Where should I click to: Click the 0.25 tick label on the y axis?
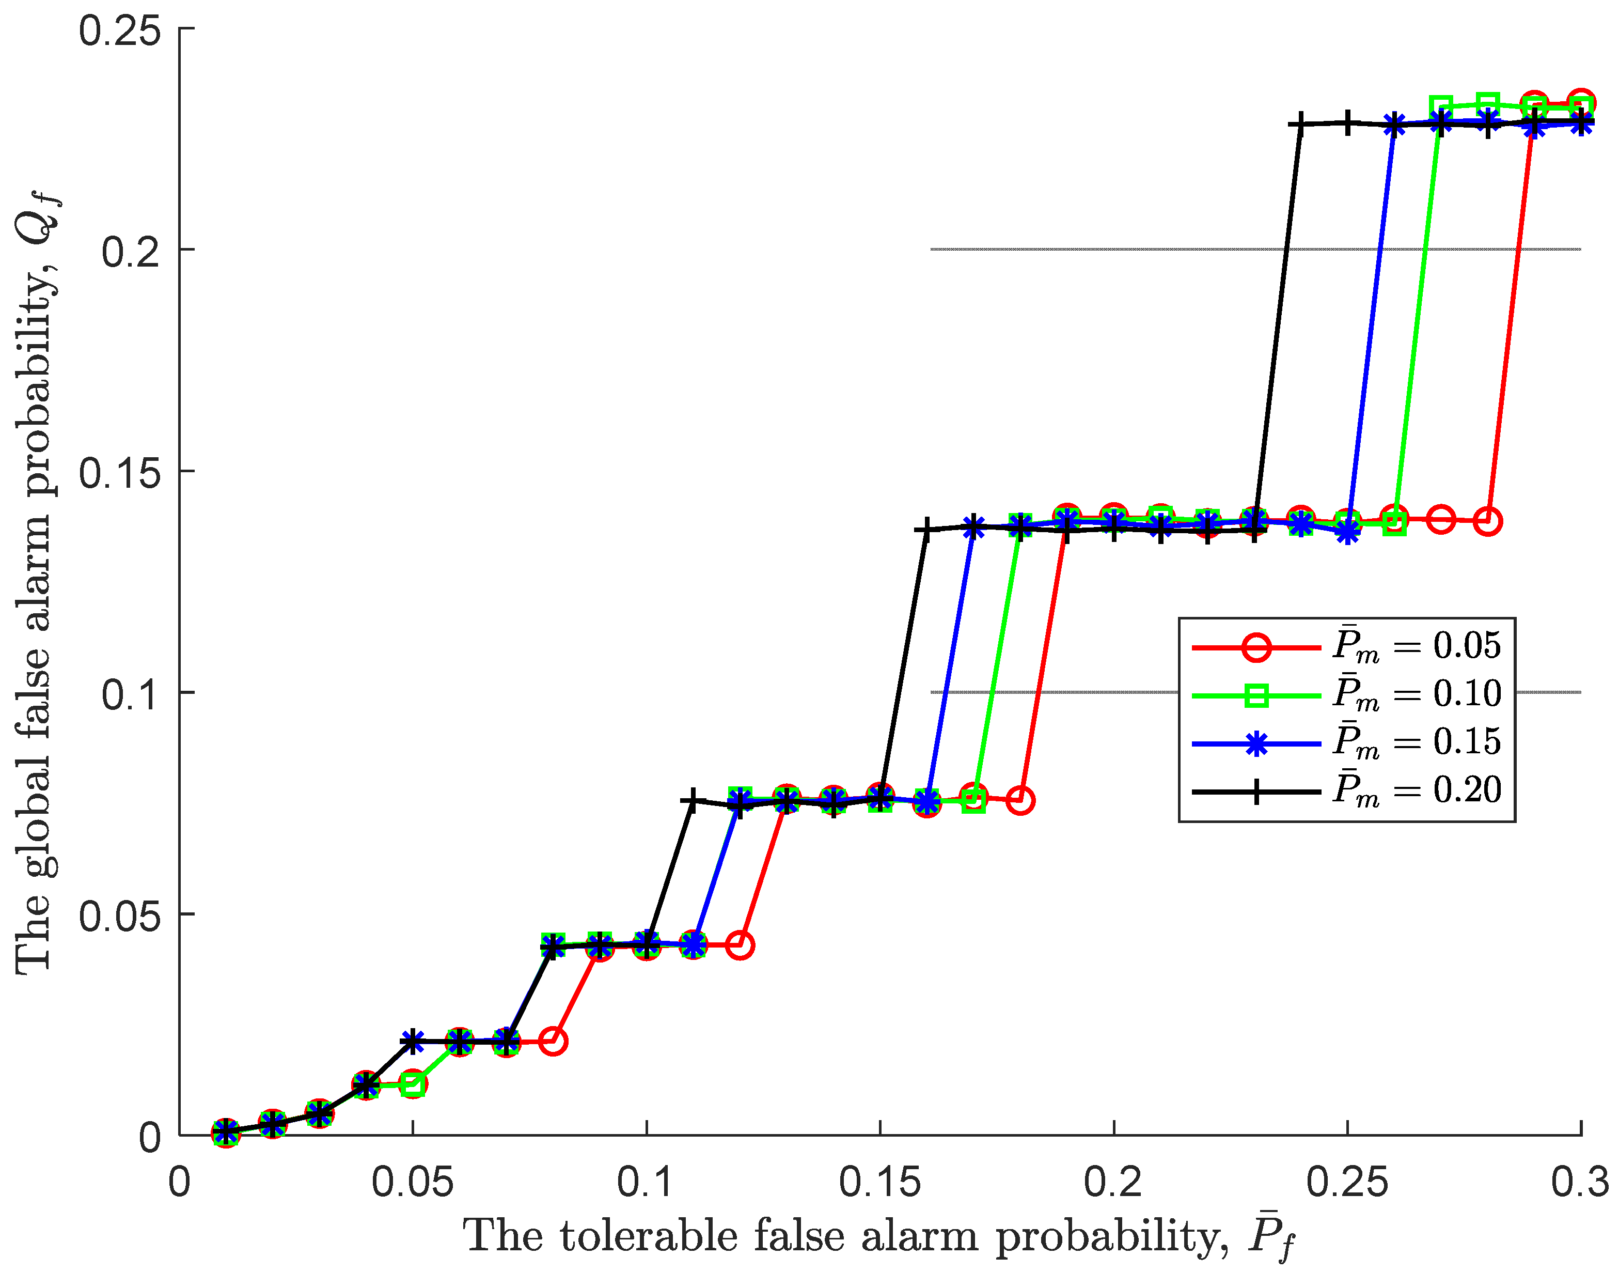click(x=120, y=32)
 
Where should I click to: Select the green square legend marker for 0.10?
click(x=1256, y=695)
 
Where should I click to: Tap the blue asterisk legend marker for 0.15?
click(x=1256, y=744)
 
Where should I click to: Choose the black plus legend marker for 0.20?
click(x=1256, y=792)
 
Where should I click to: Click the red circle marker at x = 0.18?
click(x=1020, y=801)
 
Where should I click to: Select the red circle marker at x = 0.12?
click(x=739, y=945)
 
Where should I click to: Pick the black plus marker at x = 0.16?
click(x=926, y=530)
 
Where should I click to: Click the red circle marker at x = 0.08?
click(x=553, y=1041)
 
